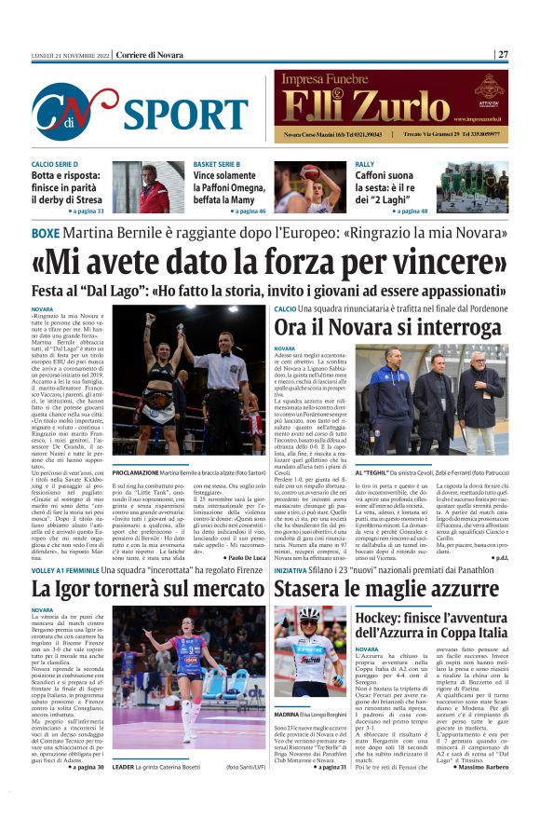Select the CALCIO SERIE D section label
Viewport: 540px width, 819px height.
pyautogui.click(x=55, y=164)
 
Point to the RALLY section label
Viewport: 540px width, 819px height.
pyautogui.click(x=365, y=164)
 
